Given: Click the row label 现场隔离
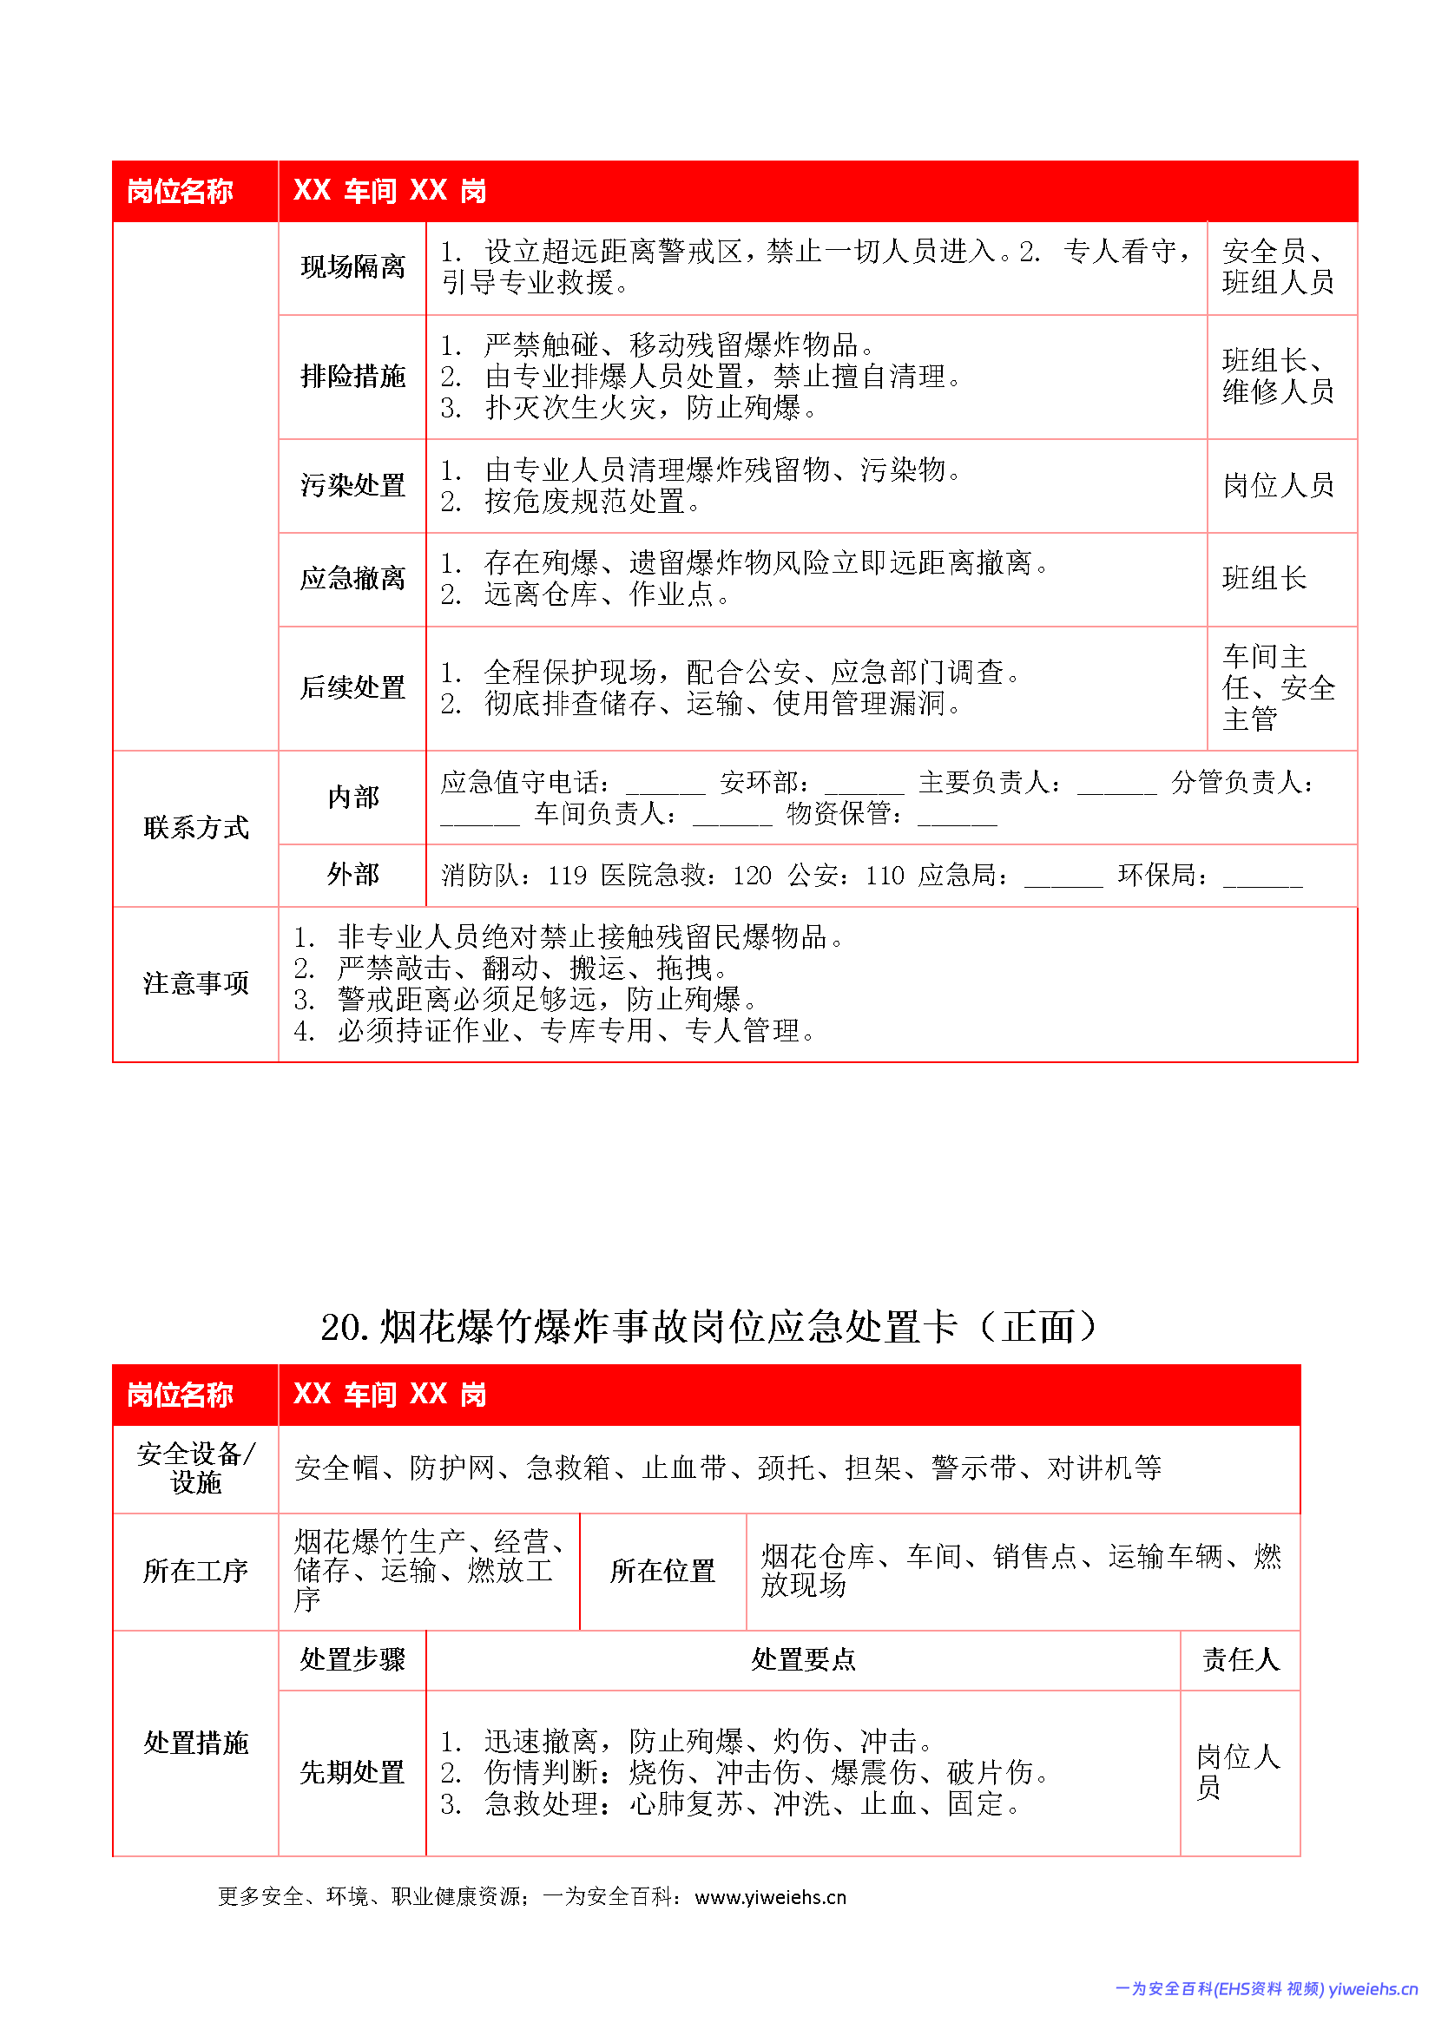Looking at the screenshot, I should [x=352, y=267].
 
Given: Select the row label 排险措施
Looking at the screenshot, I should [x=352, y=377].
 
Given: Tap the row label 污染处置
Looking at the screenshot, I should [x=352, y=485].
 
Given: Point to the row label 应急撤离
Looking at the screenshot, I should [x=352, y=579].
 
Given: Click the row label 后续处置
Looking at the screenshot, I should [x=352, y=687].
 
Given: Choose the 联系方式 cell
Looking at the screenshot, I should [x=195, y=828].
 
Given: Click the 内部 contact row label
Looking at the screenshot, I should [x=352, y=797].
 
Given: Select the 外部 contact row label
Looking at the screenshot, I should [x=352, y=875].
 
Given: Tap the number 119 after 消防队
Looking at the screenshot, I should [x=567, y=876].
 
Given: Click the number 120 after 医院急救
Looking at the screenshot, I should [x=752, y=876].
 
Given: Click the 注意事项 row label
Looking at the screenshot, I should [x=195, y=983].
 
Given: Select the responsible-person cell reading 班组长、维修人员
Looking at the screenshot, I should [x=1278, y=377].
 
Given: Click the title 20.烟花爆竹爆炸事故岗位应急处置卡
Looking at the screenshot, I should [x=708, y=1326].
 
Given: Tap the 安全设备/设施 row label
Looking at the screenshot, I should [x=195, y=1468].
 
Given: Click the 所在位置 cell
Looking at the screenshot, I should [x=662, y=1572].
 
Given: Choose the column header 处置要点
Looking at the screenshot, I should [x=803, y=1659].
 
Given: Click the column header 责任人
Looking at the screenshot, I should [x=1240, y=1659].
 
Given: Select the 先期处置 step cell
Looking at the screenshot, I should [x=352, y=1772].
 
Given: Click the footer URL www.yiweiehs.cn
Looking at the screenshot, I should [x=770, y=1897].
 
